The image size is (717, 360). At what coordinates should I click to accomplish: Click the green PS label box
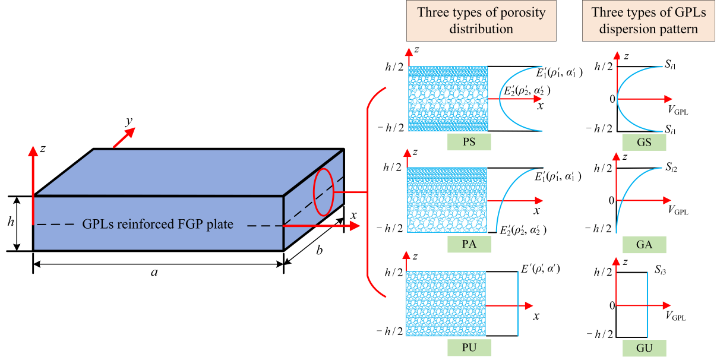[x=469, y=143]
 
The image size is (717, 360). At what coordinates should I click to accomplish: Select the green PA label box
[x=469, y=244]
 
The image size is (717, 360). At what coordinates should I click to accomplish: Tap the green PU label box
[x=469, y=346]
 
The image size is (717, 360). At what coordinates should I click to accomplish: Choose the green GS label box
[x=644, y=143]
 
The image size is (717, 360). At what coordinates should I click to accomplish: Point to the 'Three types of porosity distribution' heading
[x=481, y=21]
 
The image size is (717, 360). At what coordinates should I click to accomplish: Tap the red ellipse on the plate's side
[x=324, y=192]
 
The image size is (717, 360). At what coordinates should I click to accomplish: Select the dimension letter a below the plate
[x=154, y=273]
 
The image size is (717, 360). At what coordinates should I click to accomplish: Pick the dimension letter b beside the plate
[x=319, y=251]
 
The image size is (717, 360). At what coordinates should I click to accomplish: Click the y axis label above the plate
[x=128, y=122]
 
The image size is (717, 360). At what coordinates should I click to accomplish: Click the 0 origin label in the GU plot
[x=611, y=305]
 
